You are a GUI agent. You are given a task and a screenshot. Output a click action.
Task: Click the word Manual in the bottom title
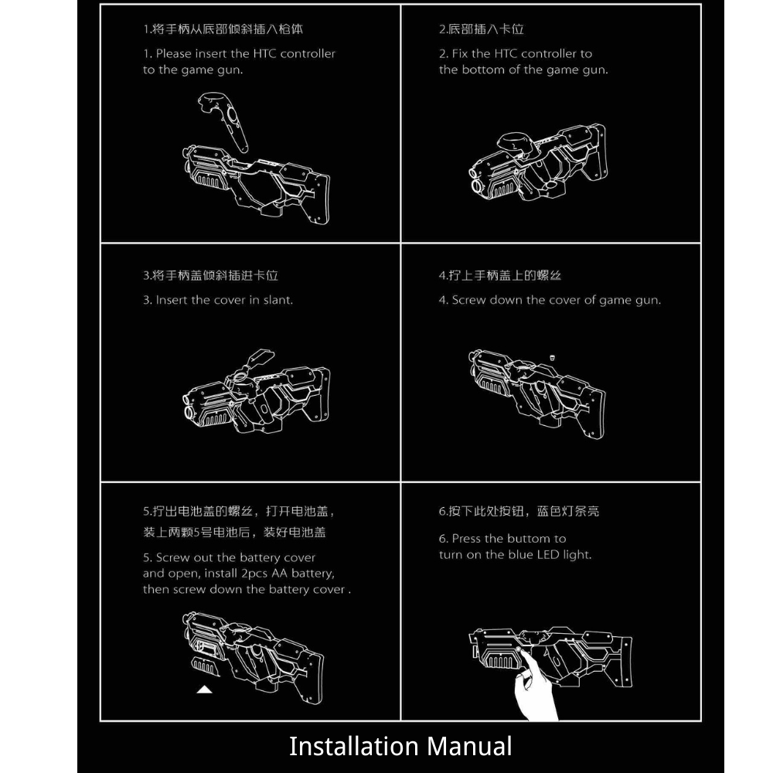point(469,746)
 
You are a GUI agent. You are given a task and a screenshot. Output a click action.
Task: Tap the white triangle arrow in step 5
point(204,690)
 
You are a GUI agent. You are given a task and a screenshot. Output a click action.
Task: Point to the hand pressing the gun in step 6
point(534,688)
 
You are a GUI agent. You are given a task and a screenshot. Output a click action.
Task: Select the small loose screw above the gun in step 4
point(552,357)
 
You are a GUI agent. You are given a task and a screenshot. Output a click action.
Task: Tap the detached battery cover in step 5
point(204,666)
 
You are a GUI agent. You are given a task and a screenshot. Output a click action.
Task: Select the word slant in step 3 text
point(278,300)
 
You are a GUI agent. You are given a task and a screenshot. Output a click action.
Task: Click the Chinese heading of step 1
point(223,29)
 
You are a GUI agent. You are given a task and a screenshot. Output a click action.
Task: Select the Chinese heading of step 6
point(519,511)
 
